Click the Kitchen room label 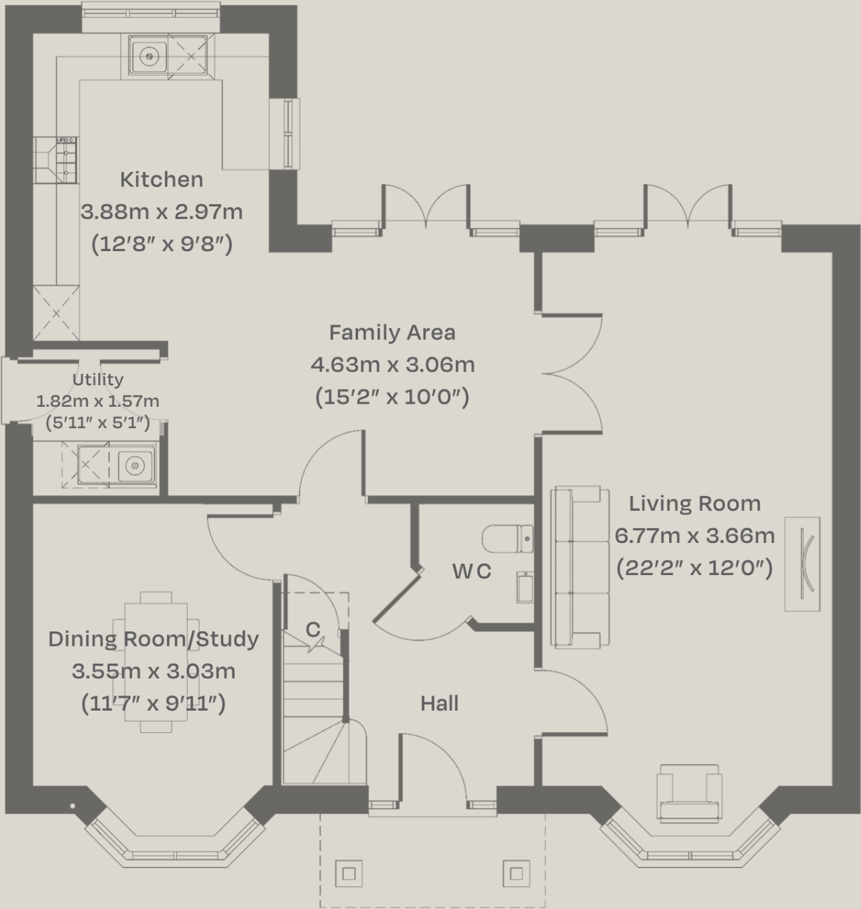point(161,179)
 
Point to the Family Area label point(392,332)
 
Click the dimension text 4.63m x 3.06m point(392,365)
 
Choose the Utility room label point(98,380)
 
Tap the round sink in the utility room point(134,465)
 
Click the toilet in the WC point(507,539)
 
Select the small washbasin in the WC point(525,587)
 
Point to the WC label point(472,572)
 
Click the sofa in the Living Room point(580,567)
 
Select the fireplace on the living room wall point(803,564)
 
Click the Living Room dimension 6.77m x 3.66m point(694,536)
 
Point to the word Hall point(439,704)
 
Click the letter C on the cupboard point(312,629)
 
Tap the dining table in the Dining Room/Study point(156,661)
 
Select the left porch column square point(349,873)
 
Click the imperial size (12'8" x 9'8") point(161,244)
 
